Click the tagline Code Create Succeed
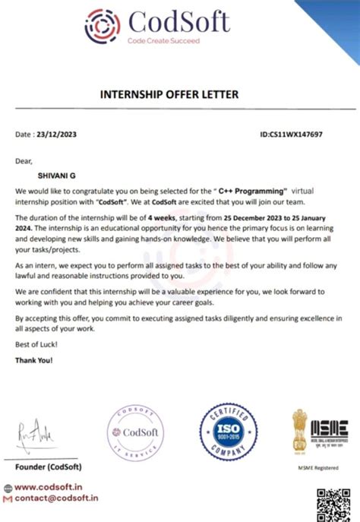click(163, 40)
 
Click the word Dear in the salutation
click(24, 160)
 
